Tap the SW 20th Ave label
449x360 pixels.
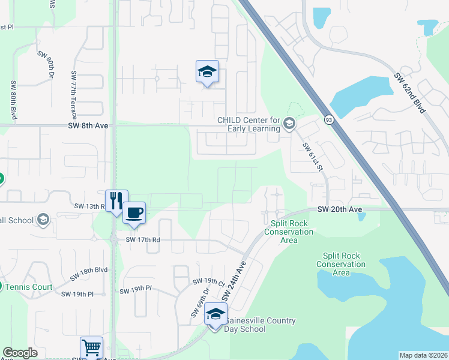pyautogui.click(x=340, y=209)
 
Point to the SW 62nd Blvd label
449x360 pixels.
pyautogui.click(x=410, y=93)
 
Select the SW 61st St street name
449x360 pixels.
pyautogui.click(x=313, y=156)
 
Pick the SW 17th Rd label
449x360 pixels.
pyautogui.click(x=142, y=239)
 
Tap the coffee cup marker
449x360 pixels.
pyautogui.click(x=134, y=212)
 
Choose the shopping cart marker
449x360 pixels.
pyautogui.click(x=91, y=347)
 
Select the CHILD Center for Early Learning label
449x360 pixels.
pyautogui.click(x=249, y=124)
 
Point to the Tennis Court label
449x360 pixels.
pyautogui.click(x=29, y=287)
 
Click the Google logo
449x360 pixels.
pyautogui.click(x=20, y=353)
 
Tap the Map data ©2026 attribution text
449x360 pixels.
pyautogui.click(x=423, y=355)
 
